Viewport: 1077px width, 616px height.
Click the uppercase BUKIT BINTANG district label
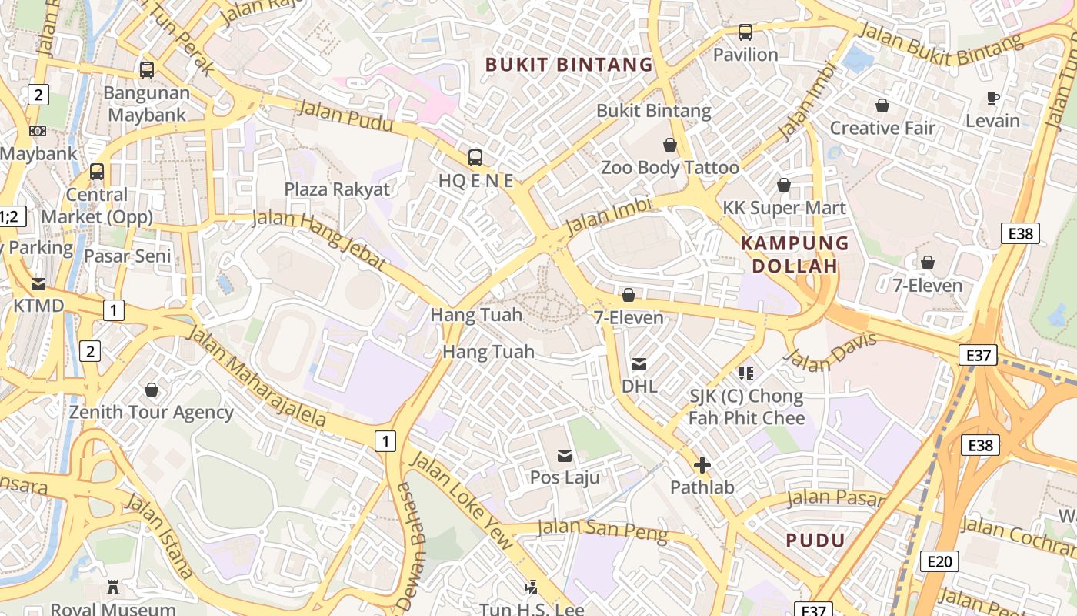point(569,65)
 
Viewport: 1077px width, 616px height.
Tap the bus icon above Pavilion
point(745,32)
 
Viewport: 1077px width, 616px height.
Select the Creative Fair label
point(882,128)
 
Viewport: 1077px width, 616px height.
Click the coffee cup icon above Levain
point(992,98)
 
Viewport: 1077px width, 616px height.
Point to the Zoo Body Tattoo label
point(669,167)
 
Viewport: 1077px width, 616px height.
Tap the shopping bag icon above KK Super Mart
point(783,185)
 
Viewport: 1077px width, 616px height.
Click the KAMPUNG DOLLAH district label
point(794,255)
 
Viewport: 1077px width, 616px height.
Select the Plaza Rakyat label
point(337,189)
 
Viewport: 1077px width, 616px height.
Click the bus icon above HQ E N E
point(475,158)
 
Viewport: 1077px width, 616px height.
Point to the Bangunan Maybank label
point(146,104)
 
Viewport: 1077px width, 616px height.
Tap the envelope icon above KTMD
point(38,284)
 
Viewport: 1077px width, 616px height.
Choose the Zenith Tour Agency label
point(152,412)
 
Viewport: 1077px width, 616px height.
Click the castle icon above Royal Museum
point(113,588)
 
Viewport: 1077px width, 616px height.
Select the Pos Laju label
point(565,477)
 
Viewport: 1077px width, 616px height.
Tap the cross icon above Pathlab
point(702,465)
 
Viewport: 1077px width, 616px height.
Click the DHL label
point(639,386)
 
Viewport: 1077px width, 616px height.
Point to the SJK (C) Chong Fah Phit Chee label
point(745,407)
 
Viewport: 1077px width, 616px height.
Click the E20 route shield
point(939,561)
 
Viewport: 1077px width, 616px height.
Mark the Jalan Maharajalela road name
point(256,377)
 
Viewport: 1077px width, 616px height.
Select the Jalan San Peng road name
point(602,531)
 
